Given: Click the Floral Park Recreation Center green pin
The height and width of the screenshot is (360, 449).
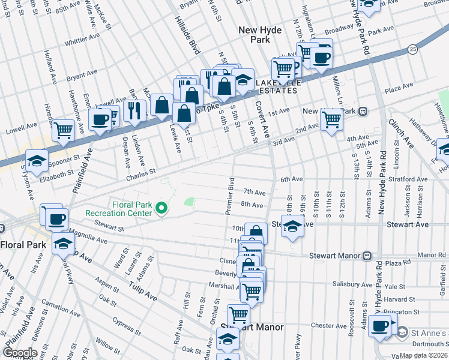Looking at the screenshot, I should coord(161,208).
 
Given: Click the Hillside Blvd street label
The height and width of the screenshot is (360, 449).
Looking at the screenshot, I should coord(188,36).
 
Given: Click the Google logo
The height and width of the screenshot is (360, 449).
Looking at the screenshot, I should coord(20,353).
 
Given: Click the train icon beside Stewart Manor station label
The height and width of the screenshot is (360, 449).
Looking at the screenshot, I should coord(367,255).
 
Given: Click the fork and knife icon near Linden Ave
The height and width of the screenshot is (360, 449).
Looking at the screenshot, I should coord(134,109).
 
